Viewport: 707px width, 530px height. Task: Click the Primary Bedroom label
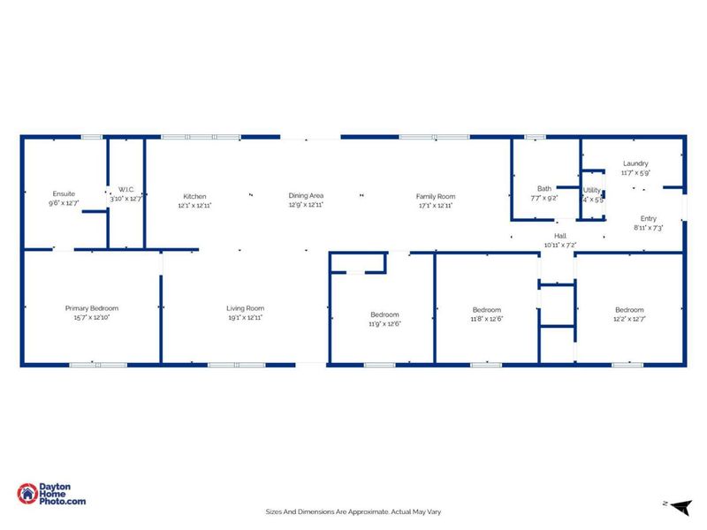click(x=91, y=308)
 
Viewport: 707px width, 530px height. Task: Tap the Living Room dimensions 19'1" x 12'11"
click(x=245, y=317)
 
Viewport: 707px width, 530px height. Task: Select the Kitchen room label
click(x=194, y=196)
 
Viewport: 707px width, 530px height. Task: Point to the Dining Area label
click(x=306, y=195)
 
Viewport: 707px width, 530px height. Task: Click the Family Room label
click(x=436, y=196)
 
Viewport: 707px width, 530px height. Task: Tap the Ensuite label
click(x=64, y=193)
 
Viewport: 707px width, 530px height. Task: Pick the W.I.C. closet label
click(x=125, y=190)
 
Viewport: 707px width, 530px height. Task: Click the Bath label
click(x=544, y=188)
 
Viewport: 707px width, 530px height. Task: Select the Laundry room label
click(x=635, y=163)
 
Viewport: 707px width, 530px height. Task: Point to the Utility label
click(x=591, y=190)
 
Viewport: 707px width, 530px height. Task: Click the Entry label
click(x=648, y=218)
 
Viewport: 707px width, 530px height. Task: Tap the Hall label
click(x=559, y=236)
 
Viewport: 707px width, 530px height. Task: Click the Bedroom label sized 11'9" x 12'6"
click(x=384, y=314)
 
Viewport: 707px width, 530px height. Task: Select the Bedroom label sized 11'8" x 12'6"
click(x=486, y=310)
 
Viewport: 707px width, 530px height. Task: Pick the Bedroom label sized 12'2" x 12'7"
click(x=629, y=310)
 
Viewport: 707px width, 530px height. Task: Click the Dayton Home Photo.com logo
click(x=52, y=495)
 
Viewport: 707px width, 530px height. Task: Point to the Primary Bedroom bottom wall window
click(x=86, y=364)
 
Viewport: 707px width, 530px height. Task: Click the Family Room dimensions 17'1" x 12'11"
click(x=436, y=205)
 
